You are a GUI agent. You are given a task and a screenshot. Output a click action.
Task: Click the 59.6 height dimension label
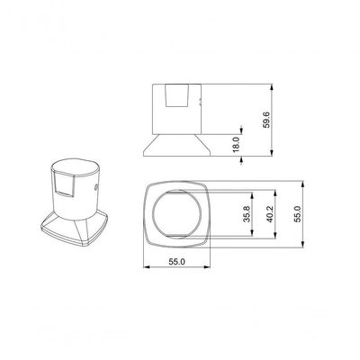click(266, 120)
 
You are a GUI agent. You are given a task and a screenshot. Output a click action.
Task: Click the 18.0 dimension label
click(236, 145)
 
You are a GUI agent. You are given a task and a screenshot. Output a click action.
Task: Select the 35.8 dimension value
click(247, 214)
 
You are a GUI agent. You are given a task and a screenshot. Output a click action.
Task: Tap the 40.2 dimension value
click(270, 214)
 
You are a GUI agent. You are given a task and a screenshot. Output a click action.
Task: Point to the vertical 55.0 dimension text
click(297, 214)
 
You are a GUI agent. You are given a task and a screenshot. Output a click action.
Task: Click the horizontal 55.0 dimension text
click(176, 262)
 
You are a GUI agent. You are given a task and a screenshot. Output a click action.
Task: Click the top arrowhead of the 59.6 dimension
click(272, 87)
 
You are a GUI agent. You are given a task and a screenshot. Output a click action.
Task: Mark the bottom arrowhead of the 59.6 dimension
click(272, 153)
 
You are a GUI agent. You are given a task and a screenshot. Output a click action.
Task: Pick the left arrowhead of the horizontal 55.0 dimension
click(147, 266)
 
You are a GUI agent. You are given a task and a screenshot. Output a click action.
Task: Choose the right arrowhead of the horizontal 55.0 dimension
click(207, 266)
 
